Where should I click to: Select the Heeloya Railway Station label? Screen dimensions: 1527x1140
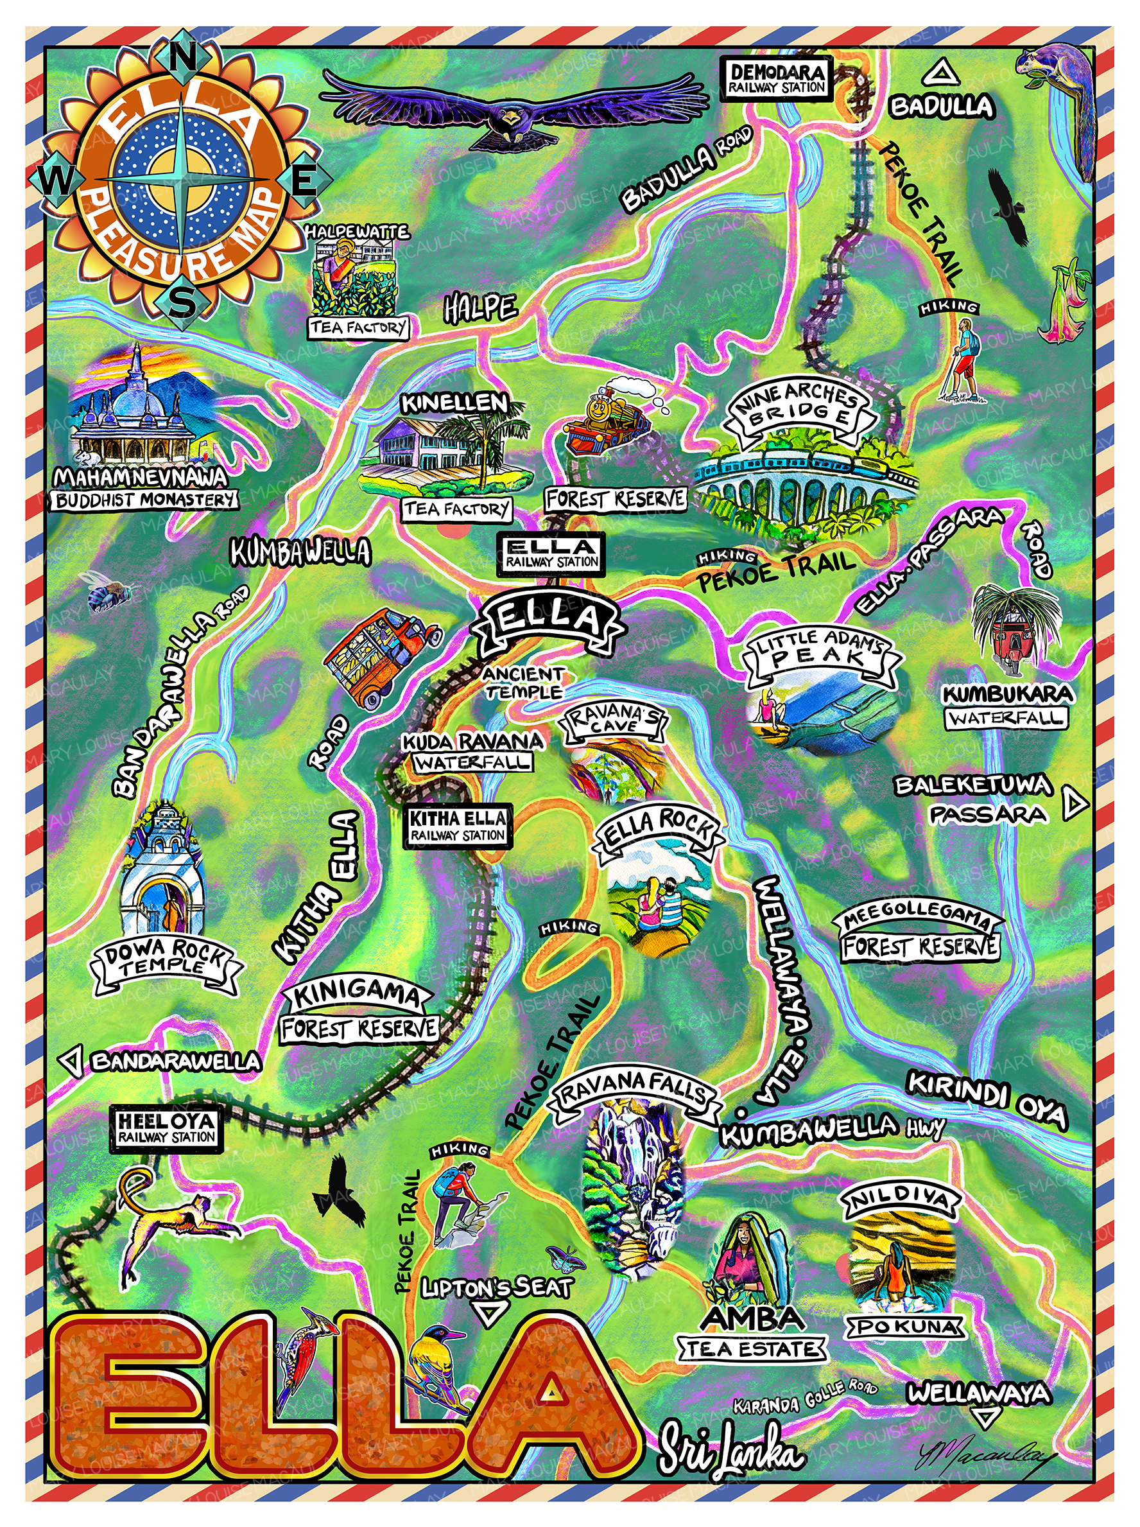[166, 1129]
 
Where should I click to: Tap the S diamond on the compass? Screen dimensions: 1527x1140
[182, 302]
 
